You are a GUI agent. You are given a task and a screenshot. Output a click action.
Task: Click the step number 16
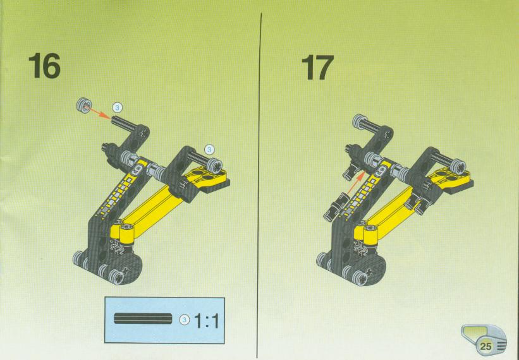pyautogui.click(x=44, y=66)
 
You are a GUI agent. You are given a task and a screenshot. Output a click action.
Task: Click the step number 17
pyautogui.click(x=317, y=68)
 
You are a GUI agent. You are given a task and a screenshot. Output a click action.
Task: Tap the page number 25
pyautogui.click(x=485, y=347)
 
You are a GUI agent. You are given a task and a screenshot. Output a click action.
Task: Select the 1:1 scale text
pyautogui.click(x=207, y=320)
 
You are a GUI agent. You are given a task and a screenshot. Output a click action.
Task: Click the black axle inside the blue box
pyautogui.click(x=143, y=318)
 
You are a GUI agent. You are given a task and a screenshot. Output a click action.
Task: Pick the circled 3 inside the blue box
pyautogui.click(x=185, y=320)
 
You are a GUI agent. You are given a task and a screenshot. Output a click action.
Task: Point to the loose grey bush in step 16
pyautogui.click(x=83, y=105)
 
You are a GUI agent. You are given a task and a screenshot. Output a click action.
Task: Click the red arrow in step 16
pyautogui.click(x=100, y=112)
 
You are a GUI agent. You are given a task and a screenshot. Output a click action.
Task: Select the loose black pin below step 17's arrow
pyautogui.click(x=334, y=207)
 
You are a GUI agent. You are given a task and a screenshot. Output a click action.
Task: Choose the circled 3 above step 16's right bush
pyautogui.click(x=209, y=150)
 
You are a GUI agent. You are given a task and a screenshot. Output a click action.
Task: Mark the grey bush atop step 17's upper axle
pyautogui.click(x=360, y=122)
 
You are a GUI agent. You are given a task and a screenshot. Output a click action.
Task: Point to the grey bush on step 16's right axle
pyautogui.click(x=215, y=165)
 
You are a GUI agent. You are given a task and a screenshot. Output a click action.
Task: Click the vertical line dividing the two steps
pyautogui.click(x=259, y=185)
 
